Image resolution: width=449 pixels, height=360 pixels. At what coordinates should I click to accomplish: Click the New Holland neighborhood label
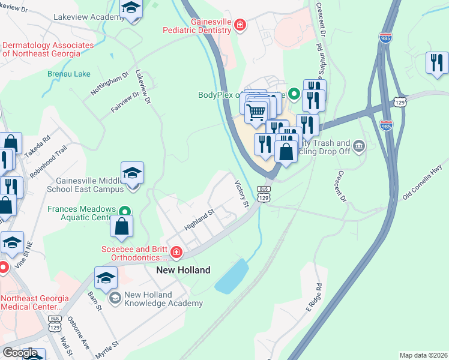pyautogui.click(x=183, y=270)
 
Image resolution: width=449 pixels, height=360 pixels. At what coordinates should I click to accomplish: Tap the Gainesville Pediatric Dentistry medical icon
pyautogui.click(x=240, y=25)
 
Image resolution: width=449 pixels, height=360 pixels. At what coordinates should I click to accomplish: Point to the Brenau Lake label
pyautogui.click(x=69, y=74)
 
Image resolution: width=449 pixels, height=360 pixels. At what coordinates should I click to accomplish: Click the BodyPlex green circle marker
pyautogui.click(x=294, y=94)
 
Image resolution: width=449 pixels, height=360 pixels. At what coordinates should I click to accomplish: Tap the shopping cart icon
pyautogui.click(x=256, y=112)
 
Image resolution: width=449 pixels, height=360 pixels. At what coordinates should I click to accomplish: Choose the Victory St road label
pyautogui.click(x=241, y=194)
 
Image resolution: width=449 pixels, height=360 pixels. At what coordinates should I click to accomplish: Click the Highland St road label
pyautogui.click(x=200, y=218)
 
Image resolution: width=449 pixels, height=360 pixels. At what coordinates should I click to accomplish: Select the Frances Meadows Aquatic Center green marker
pyautogui.click(x=124, y=211)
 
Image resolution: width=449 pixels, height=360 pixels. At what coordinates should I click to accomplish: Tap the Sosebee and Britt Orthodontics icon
pyautogui.click(x=176, y=253)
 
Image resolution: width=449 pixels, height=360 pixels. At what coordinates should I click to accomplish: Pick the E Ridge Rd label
pyautogui.click(x=314, y=298)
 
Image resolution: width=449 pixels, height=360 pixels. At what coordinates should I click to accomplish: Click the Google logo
pyautogui.click(x=19, y=353)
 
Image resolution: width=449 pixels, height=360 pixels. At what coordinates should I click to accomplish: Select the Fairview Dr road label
pyautogui.click(x=124, y=102)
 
